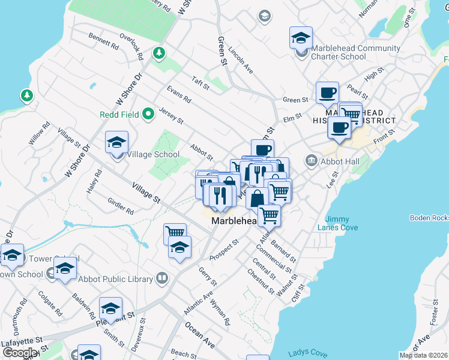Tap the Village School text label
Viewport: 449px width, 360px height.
tap(153, 154)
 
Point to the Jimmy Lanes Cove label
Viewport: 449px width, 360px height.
tap(342, 223)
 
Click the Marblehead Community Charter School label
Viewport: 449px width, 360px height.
tap(355, 52)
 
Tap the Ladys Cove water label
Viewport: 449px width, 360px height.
tap(307, 353)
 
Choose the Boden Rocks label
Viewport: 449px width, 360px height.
tap(429, 217)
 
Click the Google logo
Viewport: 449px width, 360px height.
tap(20, 353)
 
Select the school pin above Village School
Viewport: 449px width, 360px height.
tap(117, 143)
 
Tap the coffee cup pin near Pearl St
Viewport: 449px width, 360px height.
tap(327, 93)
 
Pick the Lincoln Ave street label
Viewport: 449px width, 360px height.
tap(241, 60)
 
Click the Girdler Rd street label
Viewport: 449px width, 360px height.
tap(119, 206)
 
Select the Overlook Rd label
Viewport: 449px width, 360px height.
tap(131, 49)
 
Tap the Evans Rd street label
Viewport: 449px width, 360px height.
tap(178, 95)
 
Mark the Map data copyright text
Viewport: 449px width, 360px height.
tap(424, 355)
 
